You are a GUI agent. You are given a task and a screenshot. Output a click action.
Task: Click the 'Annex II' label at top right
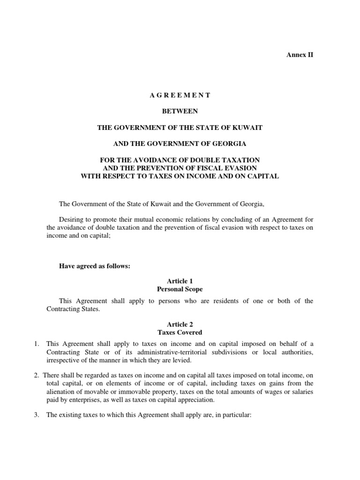pyautogui.click(x=300, y=55)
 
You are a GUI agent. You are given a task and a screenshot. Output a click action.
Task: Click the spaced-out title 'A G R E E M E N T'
pyautogui.click(x=180, y=95)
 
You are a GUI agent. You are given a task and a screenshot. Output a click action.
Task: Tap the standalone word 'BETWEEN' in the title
pyautogui.click(x=180, y=111)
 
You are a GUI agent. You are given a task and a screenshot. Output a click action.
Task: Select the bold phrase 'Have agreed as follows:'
pyautogui.click(x=94, y=266)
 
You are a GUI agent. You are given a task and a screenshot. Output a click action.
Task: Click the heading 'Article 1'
pyautogui.click(x=180, y=281)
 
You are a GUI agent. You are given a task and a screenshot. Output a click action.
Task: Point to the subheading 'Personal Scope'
pyautogui.click(x=180, y=289)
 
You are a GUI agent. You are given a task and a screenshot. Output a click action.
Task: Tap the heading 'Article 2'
pyautogui.click(x=180, y=324)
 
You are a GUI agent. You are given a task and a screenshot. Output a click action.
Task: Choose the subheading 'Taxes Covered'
pyautogui.click(x=180, y=332)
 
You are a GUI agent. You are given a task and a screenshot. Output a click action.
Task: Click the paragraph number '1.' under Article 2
pyautogui.click(x=36, y=344)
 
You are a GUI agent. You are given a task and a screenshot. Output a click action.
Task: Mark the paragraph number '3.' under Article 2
pyautogui.click(x=36, y=415)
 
